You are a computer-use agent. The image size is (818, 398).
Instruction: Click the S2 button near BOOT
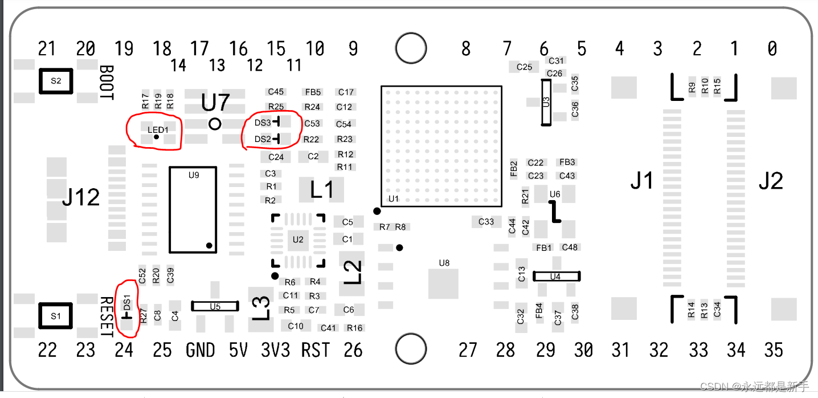[55, 81]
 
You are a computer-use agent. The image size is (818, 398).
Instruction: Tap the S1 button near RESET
[55, 315]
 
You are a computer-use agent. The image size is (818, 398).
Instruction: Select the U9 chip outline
[193, 209]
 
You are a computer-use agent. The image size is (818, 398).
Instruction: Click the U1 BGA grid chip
[441, 146]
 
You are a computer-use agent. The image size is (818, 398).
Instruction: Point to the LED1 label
[158, 130]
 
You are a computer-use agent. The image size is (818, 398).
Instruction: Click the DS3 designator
[263, 123]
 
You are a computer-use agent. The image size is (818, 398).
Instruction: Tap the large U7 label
[215, 103]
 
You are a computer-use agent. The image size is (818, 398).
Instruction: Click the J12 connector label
[81, 198]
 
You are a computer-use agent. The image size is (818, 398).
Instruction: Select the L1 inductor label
[322, 190]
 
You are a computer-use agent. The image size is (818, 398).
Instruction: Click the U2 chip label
[298, 239]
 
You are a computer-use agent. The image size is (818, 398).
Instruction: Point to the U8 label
[444, 263]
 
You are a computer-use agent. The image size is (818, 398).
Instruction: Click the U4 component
[556, 276]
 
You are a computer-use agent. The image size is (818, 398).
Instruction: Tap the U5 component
[215, 306]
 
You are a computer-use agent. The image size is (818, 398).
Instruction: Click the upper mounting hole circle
[411, 48]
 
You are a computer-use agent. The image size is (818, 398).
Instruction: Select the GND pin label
[201, 350]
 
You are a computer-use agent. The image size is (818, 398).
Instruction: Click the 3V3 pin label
[276, 350]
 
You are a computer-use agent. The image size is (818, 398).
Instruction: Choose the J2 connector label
[771, 181]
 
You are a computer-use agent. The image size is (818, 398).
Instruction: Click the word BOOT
[106, 83]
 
